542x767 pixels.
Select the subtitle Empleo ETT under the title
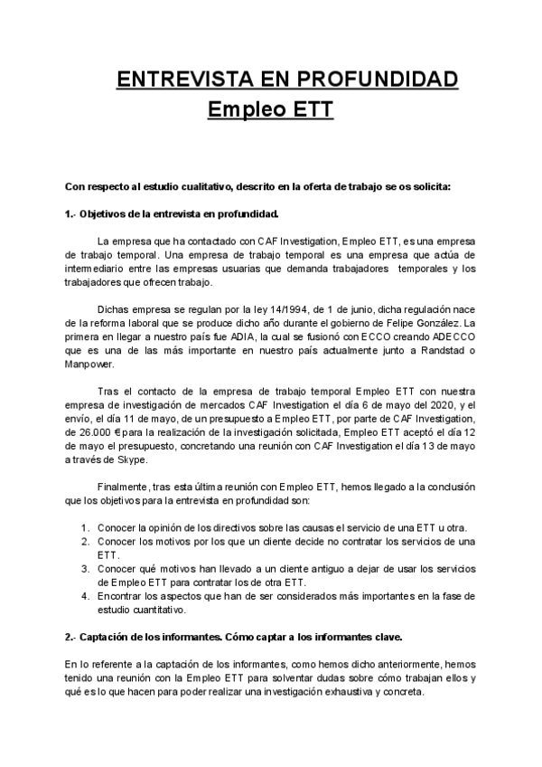(x=271, y=110)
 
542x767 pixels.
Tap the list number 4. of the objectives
(x=84, y=596)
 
